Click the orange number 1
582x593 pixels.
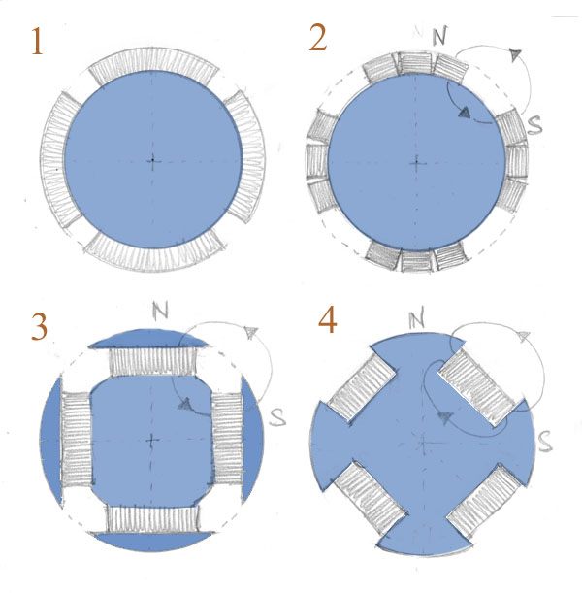[37, 42]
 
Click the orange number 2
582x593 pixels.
[318, 37]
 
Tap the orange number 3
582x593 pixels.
[39, 326]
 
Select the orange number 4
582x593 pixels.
[327, 320]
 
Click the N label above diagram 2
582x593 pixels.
[439, 36]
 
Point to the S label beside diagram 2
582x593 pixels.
[534, 125]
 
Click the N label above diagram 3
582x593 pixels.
[160, 311]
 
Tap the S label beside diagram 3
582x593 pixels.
[277, 417]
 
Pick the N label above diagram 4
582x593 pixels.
[416, 319]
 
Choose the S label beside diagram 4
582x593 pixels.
[545, 443]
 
